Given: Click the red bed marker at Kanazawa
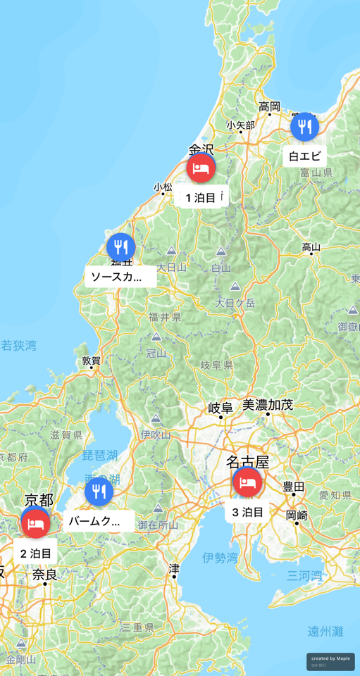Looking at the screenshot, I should (201, 168).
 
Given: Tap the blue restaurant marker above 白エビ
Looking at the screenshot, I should (304, 127).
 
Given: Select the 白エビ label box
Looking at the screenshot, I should (304, 156).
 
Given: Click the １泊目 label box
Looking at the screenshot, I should (201, 198).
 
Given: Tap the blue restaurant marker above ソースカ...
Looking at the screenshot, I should (121, 247).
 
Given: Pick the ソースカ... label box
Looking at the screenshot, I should (120, 277).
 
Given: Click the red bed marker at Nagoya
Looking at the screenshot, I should (247, 482).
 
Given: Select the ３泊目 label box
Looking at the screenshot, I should (247, 512).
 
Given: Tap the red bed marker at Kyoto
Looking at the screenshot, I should (35, 523).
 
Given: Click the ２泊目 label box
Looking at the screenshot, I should (35, 553).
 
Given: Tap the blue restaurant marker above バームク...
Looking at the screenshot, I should (99, 492).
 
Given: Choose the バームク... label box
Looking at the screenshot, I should (99, 522).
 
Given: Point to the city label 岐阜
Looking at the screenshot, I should (220, 408).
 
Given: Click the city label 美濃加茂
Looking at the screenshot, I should (268, 405).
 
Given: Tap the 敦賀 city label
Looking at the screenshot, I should (91, 361).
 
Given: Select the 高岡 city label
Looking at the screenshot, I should (269, 107).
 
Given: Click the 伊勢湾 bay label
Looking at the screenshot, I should (220, 558).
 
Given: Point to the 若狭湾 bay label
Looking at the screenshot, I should (18, 346).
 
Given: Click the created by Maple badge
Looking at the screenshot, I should (330, 661).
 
